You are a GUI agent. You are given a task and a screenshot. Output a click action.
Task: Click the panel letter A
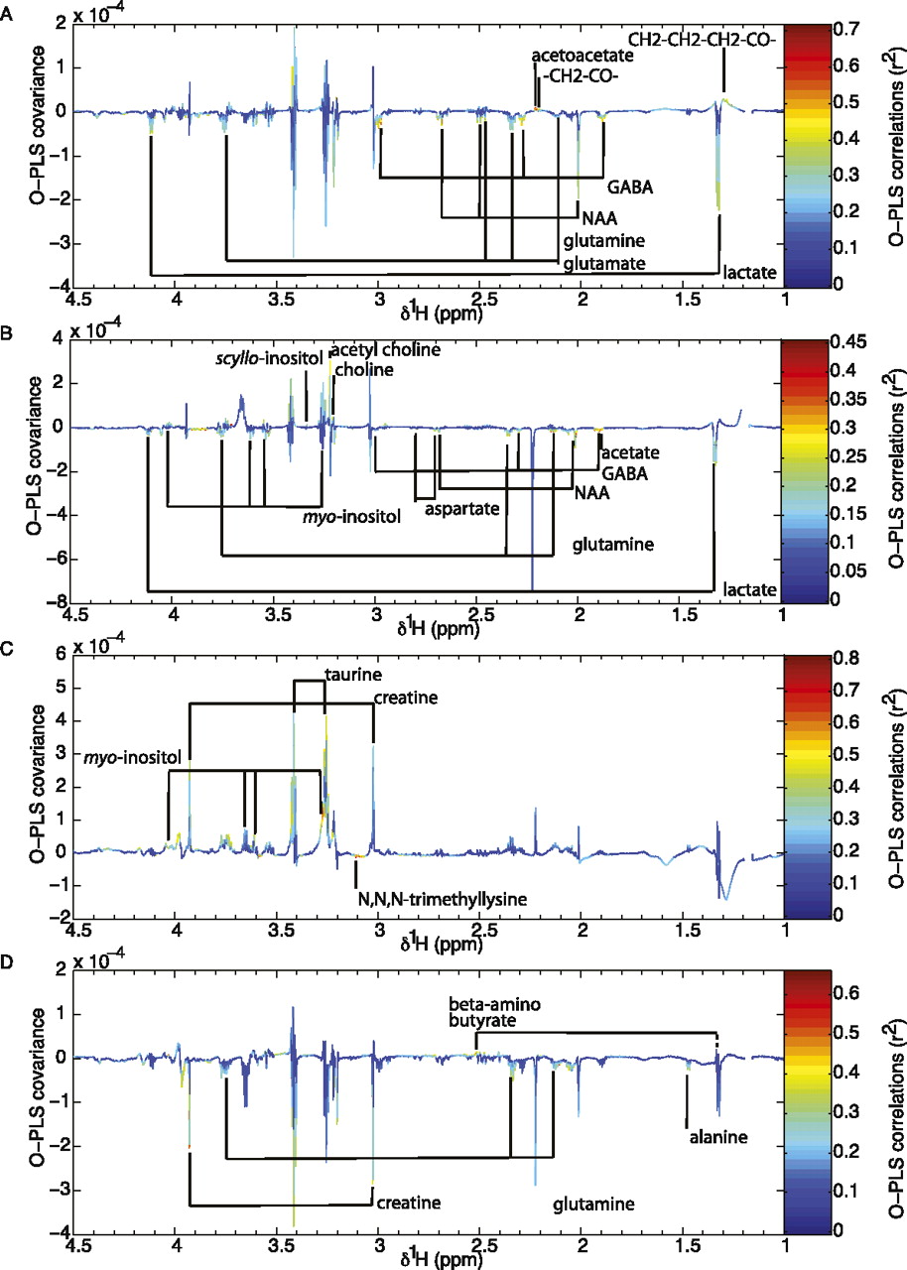(8, 8)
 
